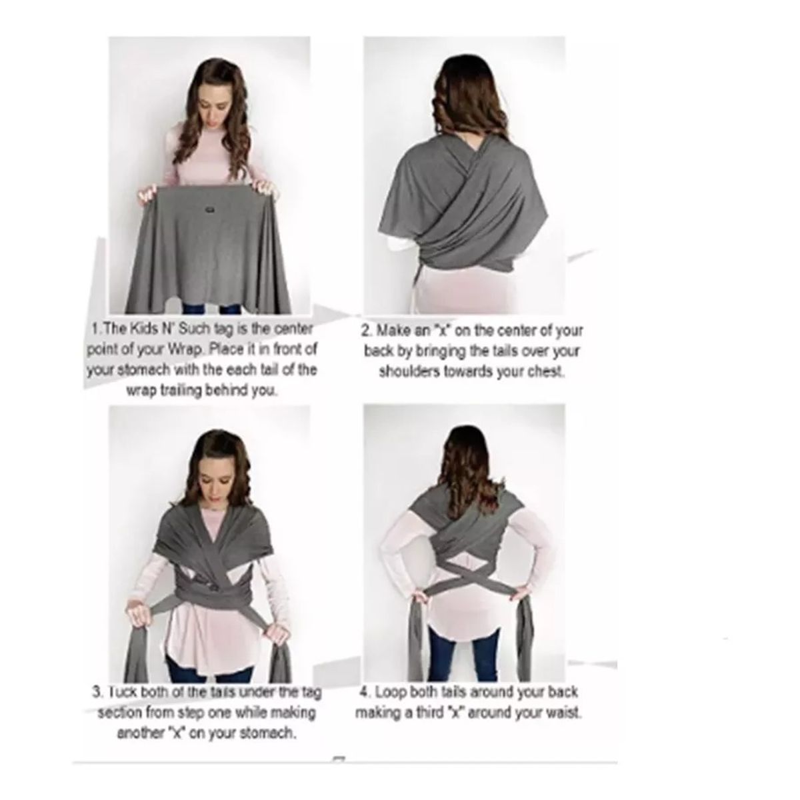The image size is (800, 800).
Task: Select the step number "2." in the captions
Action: [367, 330]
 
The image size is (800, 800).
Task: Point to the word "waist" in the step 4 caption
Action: [563, 713]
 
